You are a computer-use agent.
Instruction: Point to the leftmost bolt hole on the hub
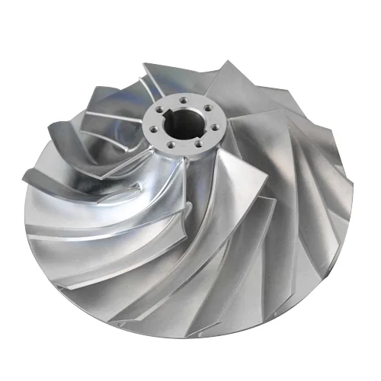154,120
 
